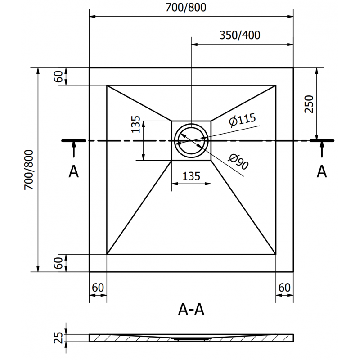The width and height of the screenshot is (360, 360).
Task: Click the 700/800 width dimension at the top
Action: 192,8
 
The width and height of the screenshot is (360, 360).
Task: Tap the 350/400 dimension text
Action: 240,36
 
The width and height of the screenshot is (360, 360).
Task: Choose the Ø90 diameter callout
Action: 238,162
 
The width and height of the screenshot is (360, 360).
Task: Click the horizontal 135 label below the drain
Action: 192,176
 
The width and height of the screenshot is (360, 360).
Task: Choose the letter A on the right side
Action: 321,171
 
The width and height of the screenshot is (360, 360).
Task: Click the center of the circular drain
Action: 192,141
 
